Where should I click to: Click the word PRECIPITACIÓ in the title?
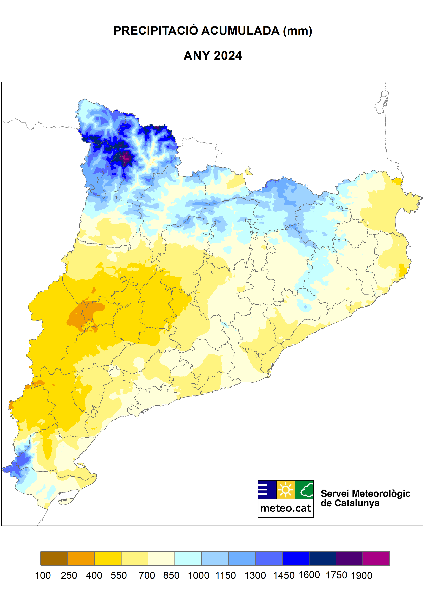pyautogui.click(x=156, y=31)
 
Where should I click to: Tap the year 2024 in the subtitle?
pyautogui.click(x=228, y=56)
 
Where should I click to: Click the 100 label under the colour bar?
pyautogui.click(x=43, y=575)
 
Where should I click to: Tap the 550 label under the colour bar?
pyautogui.click(x=119, y=575)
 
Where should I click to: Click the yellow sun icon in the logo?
pyautogui.click(x=285, y=489)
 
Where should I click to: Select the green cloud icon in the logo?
pyautogui.click(x=304, y=489)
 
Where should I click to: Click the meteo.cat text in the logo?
pyautogui.click(x=285, y=508)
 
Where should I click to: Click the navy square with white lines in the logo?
pyautogui.click(x=267, y=489)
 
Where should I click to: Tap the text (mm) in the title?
pyautogui.click(x=298, y=31)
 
